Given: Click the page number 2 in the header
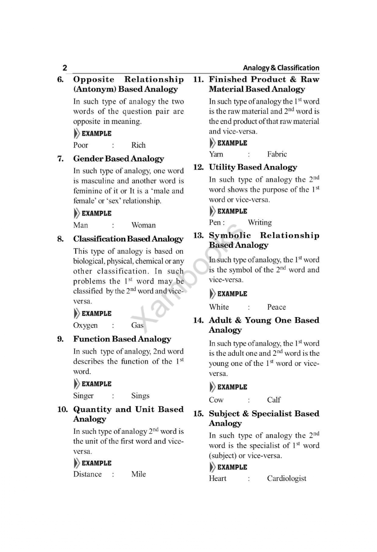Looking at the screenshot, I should [64, 68].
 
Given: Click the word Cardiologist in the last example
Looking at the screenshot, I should [286, 478].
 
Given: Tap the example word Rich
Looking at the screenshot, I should [138, 145].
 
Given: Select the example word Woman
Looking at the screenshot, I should [144, 225].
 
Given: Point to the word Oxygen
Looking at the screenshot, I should [85, 325].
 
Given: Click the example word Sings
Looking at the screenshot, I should [140, 395].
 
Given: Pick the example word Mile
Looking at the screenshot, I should [138, 474].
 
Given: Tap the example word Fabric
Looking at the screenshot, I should [277, 154].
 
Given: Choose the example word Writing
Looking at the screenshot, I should [260, 222].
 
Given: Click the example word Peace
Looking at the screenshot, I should [276, 307].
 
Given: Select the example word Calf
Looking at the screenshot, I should [274, 400].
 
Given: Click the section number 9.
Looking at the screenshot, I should [61, 339].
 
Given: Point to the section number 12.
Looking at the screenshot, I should [198, 167].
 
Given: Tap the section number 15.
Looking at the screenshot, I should [198, 414].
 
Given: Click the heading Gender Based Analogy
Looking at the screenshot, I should [118, 159].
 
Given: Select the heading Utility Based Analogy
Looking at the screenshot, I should [253, 167].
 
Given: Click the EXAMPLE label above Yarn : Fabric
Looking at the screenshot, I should [232, 143].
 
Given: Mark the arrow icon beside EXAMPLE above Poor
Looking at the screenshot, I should [77, 133].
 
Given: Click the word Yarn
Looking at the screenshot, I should [216, 154].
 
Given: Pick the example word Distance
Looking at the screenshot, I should [87, 474].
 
